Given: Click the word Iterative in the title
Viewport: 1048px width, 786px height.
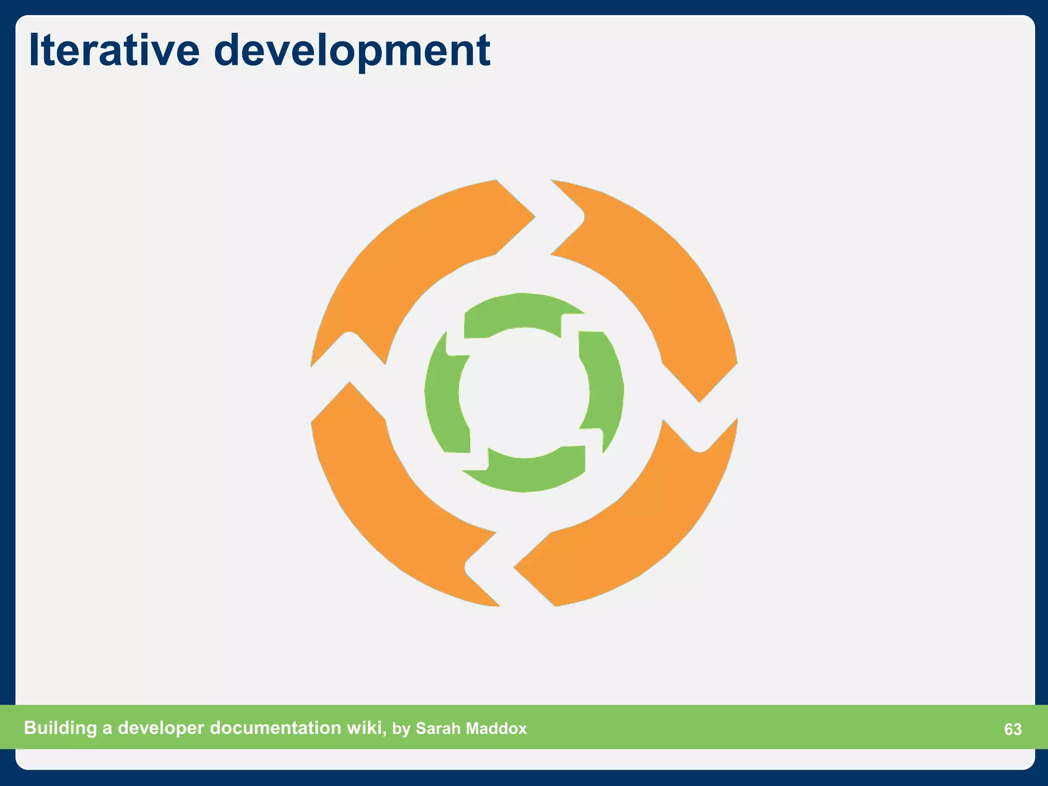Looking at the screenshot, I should point(114,50).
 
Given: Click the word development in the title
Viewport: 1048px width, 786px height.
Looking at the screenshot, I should point(352,51).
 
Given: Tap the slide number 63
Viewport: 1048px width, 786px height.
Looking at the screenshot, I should point(1013,729).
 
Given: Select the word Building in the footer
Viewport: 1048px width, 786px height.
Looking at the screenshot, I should point(60,728).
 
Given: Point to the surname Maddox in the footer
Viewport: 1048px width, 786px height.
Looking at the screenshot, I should point(496,729).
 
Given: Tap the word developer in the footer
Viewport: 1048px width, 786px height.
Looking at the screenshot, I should point(161,728).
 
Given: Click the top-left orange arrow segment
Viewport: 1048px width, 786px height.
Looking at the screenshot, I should point(409,256).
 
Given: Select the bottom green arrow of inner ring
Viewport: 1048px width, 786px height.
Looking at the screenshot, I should point(527,473).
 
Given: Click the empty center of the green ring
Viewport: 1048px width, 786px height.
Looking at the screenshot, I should point(524,393).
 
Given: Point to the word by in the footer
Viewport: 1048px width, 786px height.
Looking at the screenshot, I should point(401,729).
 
